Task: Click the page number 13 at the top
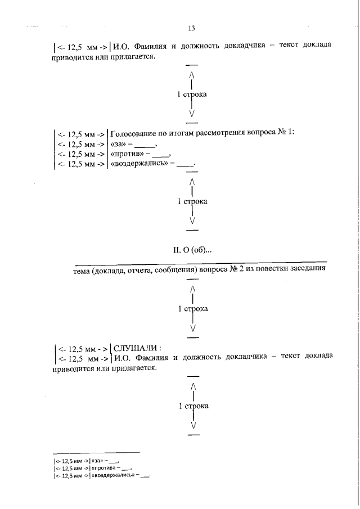(191, 28)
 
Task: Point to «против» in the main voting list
(127, 154)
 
